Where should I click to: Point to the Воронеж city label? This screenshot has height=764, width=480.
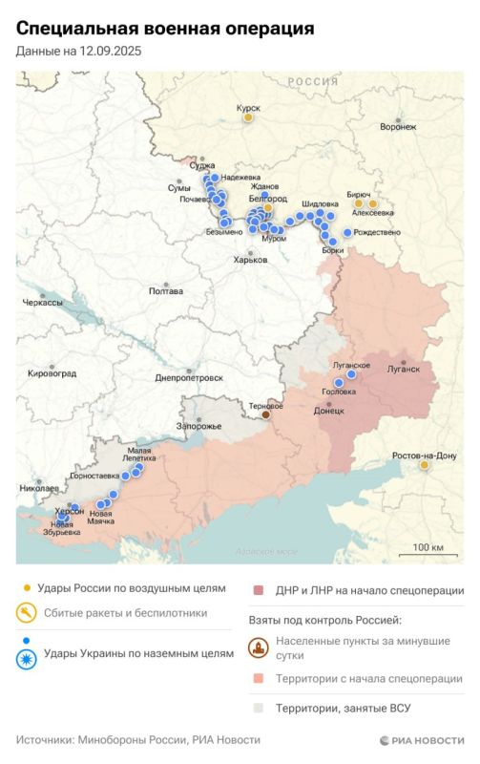pos(397,126)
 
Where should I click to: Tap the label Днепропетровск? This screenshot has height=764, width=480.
pos(189,378)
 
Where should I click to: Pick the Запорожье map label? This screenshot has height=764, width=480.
pos(198,425)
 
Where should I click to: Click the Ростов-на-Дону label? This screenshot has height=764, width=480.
pos(425,455)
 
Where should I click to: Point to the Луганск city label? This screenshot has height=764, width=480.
pos(403,368)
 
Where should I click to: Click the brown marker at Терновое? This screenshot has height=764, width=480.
pos(266,414)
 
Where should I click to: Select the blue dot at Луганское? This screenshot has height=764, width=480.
pos(351,375)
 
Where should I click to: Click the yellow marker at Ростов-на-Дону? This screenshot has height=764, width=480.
pos(425,466)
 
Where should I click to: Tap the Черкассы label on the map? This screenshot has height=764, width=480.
pos(42,303)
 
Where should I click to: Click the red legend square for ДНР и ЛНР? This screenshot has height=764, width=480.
pos(258,591)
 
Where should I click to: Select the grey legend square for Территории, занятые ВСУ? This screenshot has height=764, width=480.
pos(258,708)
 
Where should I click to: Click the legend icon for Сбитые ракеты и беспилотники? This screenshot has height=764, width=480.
pos(28,613)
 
